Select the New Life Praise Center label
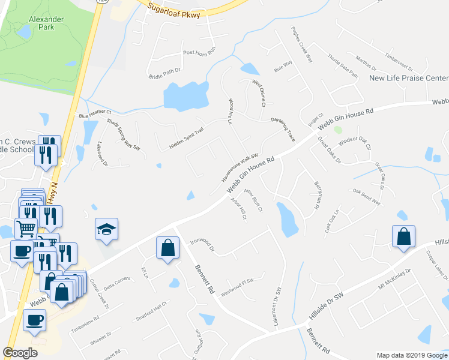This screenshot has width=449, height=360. point(409,78)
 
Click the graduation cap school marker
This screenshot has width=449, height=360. point(106,230)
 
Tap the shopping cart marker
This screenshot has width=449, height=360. point(26,227)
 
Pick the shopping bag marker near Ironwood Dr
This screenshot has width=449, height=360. point(167,248)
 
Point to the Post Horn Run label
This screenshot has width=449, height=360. point(199,53)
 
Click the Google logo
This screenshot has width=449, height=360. point(20,353)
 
